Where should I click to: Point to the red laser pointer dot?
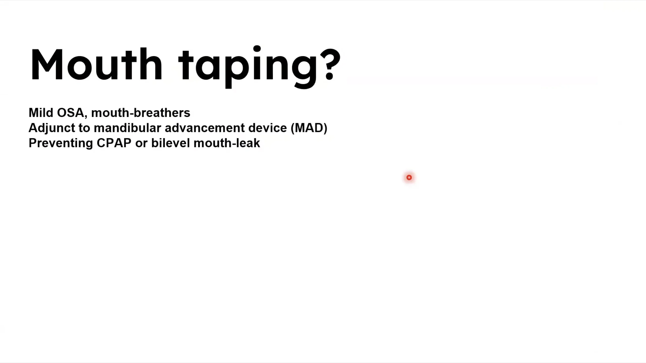pyautogui.click(x=409, y=178)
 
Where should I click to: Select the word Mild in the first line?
pyautogui.click(x=41, y=112)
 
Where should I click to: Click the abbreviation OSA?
pyautogui.click(x=70, y=112)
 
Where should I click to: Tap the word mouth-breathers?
pyautogui.click(x=141, y=112)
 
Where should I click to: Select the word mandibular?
pyautogui.click(x=127, y=128)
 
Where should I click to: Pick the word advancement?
pyautogui.click(x=205, y=128)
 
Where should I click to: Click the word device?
pyautogui.click(x=267, y=128)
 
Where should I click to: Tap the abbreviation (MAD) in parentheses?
pyautogui.click(x=309, y=128)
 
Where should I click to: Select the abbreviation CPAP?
pyautogui.click(x=114, y=143)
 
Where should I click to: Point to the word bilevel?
pyautogui.click(x=170, y=143)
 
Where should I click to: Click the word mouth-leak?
pyautogui.click(x=227, y=143)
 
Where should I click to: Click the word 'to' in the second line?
pyautogui.click(x=84, y=128)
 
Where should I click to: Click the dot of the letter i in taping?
pyautogui.click(x=257, y=49)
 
